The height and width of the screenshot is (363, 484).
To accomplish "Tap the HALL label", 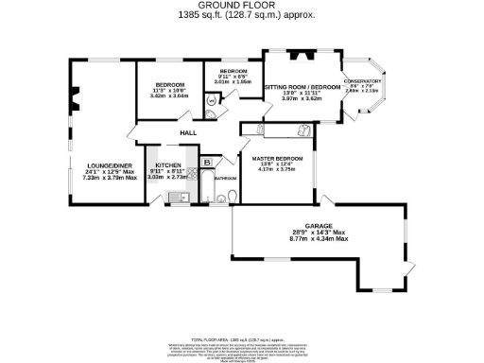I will pos(189,134).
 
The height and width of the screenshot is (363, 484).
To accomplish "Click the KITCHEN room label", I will pos(168,164).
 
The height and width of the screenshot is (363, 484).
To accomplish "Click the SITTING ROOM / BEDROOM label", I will pos(302,87).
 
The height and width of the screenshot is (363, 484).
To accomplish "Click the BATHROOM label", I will pos(225,178).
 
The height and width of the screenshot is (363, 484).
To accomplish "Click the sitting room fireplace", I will pos(300,54).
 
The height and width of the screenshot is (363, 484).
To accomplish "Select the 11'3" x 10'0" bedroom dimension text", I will pos(170,91).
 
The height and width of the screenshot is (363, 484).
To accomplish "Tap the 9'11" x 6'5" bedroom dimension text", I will pos(233,78).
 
